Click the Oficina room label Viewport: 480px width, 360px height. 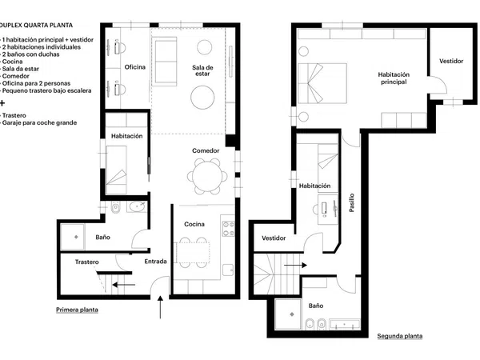[135, 67]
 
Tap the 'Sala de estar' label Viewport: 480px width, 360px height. [202, 70]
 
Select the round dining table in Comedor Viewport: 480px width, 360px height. [207, 177]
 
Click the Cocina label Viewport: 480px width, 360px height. [194, 224]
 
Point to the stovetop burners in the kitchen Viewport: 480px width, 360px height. [228, 229]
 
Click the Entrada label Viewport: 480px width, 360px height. [155, 262]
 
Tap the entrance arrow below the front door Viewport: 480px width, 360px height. [160, 307]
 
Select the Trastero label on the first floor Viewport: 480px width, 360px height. [87, 262]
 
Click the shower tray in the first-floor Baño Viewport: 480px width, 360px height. [73, 237]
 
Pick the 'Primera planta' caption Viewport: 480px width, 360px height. [77, 310]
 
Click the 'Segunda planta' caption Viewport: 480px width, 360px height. [400, 336]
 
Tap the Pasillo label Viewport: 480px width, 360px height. [352, 202]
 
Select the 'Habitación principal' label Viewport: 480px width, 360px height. [394, 78]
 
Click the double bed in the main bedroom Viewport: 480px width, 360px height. [322, 83]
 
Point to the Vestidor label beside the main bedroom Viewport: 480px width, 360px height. [451, 61]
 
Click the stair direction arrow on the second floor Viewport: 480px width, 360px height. [295, 265]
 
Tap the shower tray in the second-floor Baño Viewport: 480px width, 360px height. [288, 314]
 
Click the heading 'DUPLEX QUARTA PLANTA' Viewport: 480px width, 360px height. [36, 26]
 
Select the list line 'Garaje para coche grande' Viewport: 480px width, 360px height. [39, 122]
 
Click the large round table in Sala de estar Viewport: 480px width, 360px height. [202, 98]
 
